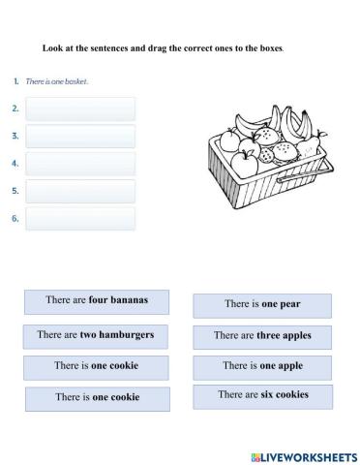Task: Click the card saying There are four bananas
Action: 97,301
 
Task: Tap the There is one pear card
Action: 262,305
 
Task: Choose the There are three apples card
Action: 262,336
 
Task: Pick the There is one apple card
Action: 262,366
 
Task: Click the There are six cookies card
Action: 262,395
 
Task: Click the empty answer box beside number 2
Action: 80,108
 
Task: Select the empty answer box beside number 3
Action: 80,137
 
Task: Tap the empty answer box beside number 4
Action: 80,164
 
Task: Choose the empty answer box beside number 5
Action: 80,191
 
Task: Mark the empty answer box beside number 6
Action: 80,218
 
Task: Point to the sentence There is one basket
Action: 57,81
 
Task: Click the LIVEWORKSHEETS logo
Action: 303,455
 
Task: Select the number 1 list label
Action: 16,81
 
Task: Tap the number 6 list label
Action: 15,218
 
